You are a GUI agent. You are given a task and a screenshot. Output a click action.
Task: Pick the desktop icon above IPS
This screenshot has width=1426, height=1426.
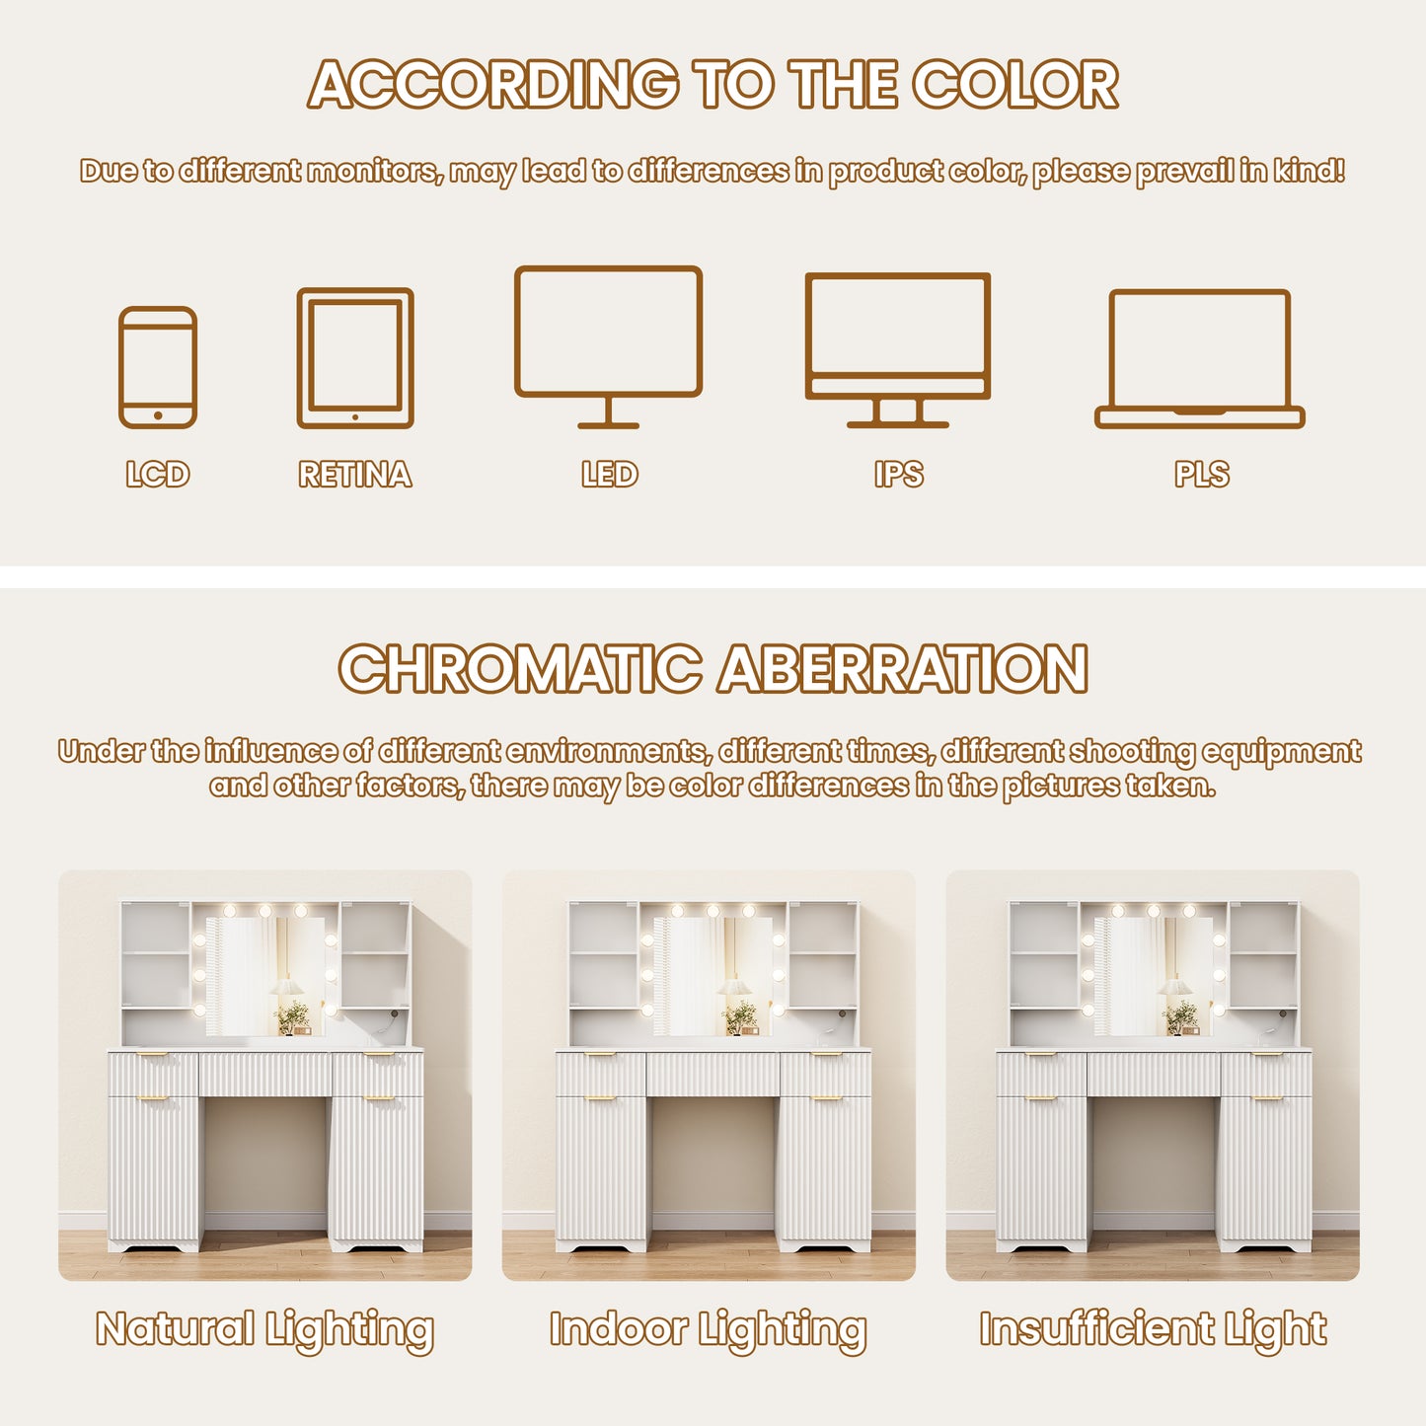[898, 276]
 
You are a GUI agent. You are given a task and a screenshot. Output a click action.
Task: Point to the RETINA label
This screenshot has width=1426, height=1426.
[355, 475]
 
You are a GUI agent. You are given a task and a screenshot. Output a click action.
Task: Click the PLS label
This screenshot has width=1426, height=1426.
[1202, 475]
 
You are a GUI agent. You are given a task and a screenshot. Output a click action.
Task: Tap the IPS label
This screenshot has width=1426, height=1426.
[898, 475]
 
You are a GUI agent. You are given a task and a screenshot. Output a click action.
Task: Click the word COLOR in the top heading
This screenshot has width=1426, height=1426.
[1014, 84]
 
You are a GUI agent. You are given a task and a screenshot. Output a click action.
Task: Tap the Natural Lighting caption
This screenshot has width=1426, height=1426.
[264, 1329]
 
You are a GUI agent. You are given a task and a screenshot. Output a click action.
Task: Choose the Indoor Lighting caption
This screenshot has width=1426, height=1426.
[709, 1329]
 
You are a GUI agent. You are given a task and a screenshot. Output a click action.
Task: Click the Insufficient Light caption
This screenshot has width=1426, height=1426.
[1153, 1329]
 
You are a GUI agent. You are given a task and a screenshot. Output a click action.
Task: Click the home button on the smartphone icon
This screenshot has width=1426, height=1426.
[158, 415]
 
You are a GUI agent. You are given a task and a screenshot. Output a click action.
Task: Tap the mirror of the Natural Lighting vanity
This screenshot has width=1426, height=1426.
[265, 976]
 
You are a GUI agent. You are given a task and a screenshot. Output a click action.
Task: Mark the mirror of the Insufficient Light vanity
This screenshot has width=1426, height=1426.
[1154, 976]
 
